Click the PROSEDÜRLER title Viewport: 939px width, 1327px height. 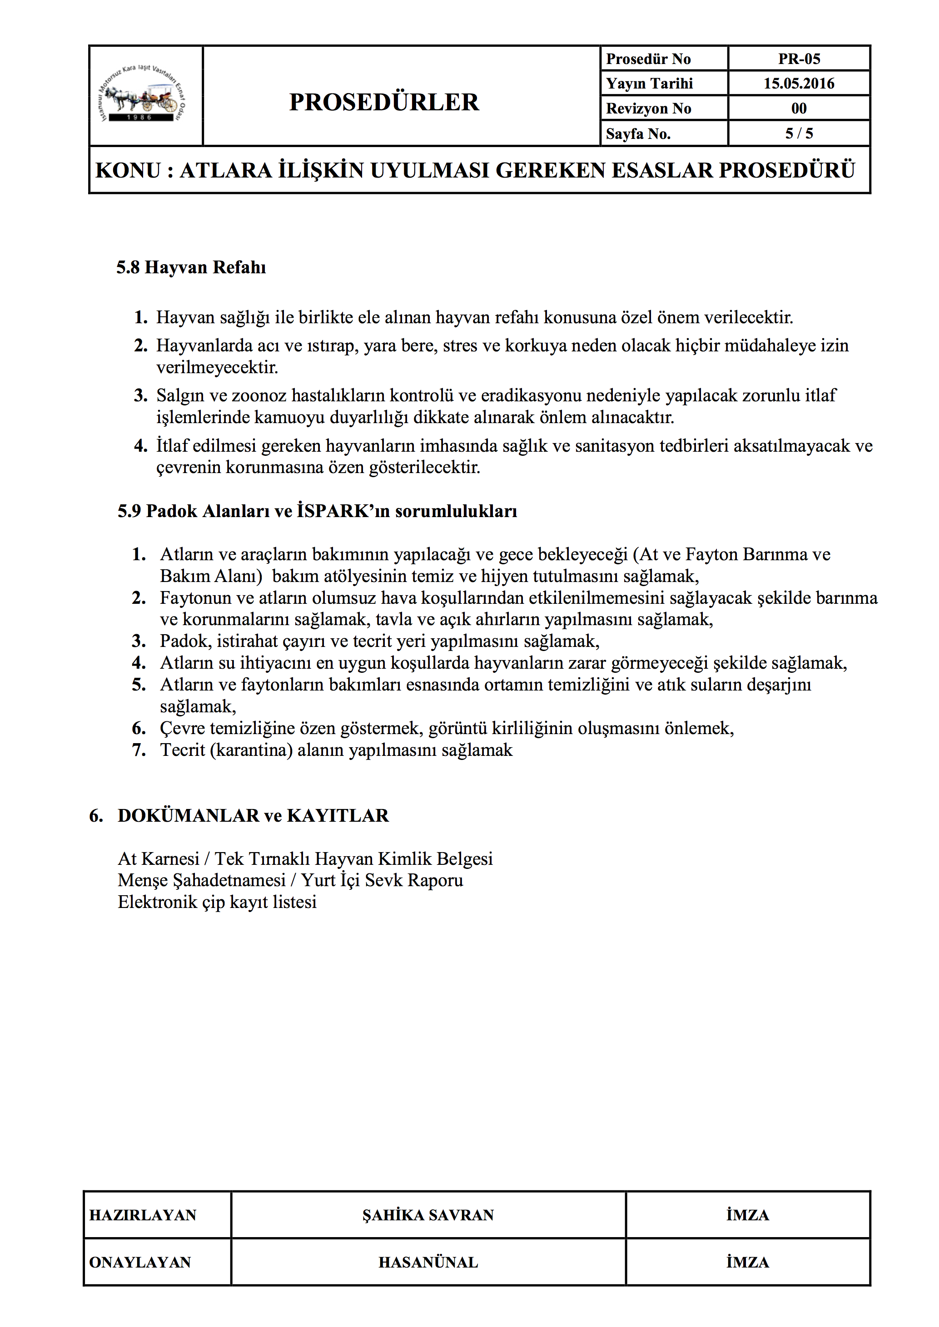384,102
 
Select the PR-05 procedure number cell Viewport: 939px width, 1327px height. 799,59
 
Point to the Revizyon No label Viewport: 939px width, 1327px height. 648,109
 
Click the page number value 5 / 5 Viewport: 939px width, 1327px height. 799,133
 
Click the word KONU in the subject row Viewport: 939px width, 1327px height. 128,171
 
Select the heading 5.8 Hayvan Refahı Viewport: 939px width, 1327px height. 191,267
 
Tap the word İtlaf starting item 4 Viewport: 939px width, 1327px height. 172,446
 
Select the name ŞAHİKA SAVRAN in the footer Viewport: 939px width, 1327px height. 428,1215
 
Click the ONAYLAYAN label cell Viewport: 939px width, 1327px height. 140,1262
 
